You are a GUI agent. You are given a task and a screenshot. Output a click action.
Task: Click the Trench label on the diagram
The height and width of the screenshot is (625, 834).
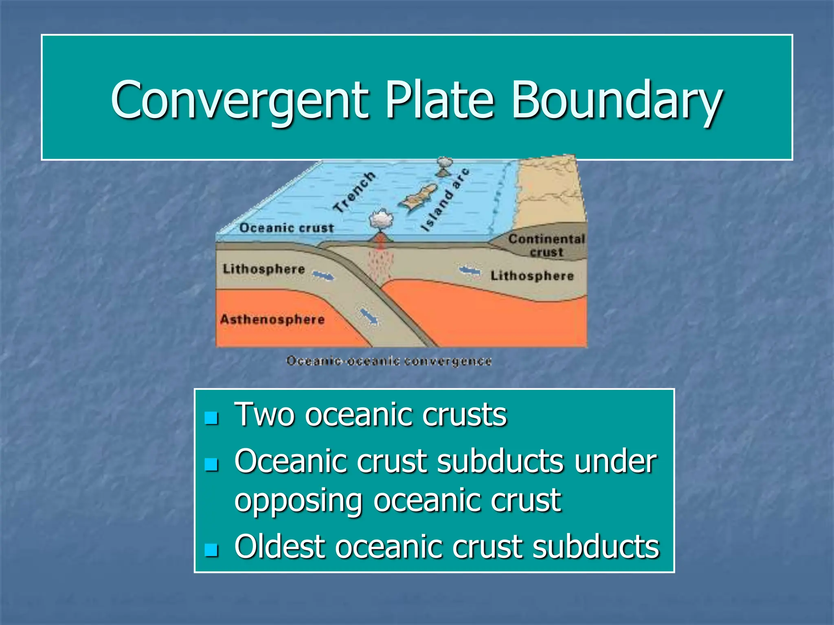[x=354, y=192]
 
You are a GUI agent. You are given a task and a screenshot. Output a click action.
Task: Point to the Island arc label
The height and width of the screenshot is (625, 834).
[x=445, y=200]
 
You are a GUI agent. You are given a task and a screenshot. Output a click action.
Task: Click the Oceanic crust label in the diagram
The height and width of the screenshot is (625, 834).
[x=286, y=228]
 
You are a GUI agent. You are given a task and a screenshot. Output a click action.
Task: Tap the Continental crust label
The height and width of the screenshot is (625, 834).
[x=546, y=245]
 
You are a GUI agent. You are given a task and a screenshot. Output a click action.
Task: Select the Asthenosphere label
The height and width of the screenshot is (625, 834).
[x=272, y=319]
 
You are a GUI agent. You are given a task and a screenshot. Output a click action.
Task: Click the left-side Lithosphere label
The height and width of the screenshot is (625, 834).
[x=263, y=269]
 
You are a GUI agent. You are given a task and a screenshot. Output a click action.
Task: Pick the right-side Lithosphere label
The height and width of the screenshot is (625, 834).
[x=532, y=276]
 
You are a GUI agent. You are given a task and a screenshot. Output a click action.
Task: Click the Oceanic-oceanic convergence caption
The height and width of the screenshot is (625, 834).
[x=389, y=361]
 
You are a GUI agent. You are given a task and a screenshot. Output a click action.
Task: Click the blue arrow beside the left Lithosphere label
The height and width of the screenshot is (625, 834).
[x=323, y=276]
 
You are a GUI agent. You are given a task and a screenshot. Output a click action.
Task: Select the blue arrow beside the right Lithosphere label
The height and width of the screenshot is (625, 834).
[x=470, y=271]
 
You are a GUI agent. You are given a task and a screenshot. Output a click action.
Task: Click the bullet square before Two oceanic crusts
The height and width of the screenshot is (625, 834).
[x=211, y=417]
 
